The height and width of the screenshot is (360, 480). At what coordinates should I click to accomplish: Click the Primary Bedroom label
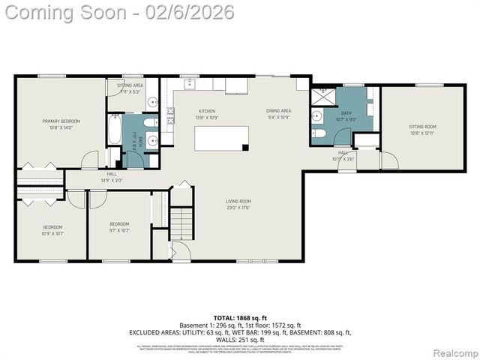point(61,124)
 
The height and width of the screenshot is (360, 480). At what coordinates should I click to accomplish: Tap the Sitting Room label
point(422,130)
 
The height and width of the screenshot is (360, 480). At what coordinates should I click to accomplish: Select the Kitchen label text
point(206,114)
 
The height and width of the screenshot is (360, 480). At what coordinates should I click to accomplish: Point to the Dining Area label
point(278,114)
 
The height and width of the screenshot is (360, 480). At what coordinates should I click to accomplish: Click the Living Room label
point(238,204)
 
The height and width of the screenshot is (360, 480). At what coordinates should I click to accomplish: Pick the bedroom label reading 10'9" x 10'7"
point(52,229)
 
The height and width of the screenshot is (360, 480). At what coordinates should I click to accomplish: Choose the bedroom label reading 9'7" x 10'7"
point(119,226)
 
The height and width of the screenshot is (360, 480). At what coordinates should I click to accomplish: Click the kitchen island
point(221,138)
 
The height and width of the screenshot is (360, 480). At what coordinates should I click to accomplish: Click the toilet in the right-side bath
point(319,133)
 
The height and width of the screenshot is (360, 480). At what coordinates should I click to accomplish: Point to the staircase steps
point(181,222)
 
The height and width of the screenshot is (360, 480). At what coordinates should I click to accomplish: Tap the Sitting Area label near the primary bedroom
point(130,88)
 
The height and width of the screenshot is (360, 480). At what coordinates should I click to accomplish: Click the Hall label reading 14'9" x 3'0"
point(112,177)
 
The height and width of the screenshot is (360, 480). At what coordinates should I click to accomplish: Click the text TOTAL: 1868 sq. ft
point(239,317)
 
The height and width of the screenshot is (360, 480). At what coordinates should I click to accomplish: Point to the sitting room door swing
point(389,160)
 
